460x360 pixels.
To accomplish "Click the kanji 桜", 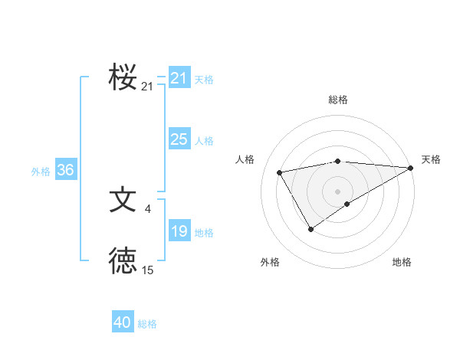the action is (123, 77).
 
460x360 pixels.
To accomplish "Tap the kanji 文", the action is (123, 200).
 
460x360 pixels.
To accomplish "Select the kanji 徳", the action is (123, 261).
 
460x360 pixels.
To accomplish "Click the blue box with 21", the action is (179, 78).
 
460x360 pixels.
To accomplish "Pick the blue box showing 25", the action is (179, 139).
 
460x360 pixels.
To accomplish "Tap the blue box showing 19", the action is (179, 231).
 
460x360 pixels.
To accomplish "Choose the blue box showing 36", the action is (65, 170).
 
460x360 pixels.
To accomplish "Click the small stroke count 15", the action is (148, 270).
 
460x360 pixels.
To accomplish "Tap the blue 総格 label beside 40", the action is (147, 324).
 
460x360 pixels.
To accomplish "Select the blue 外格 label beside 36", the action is (41, 172).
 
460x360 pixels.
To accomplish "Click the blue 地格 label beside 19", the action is (204, 233).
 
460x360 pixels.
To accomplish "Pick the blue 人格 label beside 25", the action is (204, 141).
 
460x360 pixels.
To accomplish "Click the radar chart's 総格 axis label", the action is (337, 100).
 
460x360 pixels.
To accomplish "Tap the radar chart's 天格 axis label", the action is (431, 159).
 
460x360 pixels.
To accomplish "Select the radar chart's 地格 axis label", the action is (402, 262).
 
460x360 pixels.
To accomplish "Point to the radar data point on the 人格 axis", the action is (280, 172).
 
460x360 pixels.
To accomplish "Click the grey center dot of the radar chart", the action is (337, 191).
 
